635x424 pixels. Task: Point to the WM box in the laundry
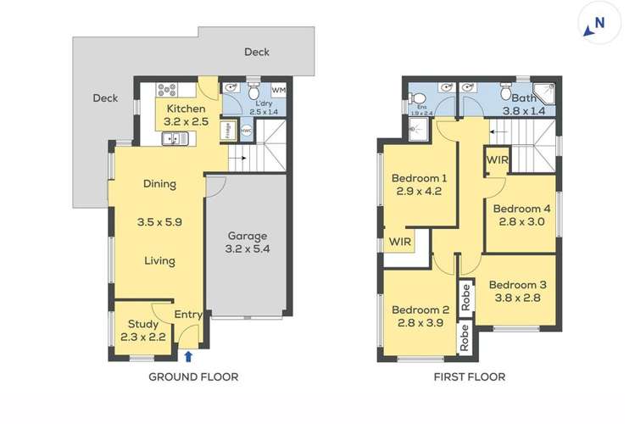point(278,90)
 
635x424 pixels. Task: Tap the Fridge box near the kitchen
point(226,131)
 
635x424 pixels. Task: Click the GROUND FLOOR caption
point(193,377)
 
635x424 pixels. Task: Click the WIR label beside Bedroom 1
point(401,242)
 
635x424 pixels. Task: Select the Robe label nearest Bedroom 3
point(465,297)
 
